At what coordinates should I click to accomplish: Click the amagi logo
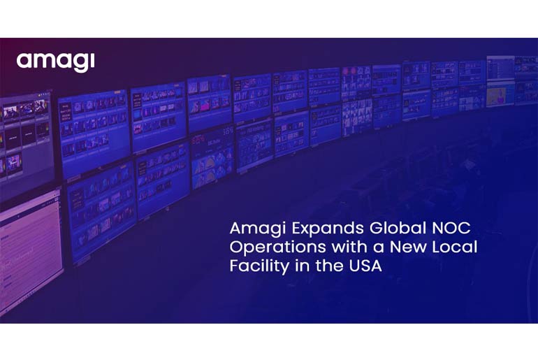pos(55,62)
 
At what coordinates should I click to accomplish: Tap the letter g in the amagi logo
pos(78,64)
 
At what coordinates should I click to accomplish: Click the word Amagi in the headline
pos(252,229)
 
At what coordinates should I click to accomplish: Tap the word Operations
pos(266,248)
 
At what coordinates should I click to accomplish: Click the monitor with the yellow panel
pos(500,94)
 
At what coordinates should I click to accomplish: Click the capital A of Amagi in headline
pos(235,229)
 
